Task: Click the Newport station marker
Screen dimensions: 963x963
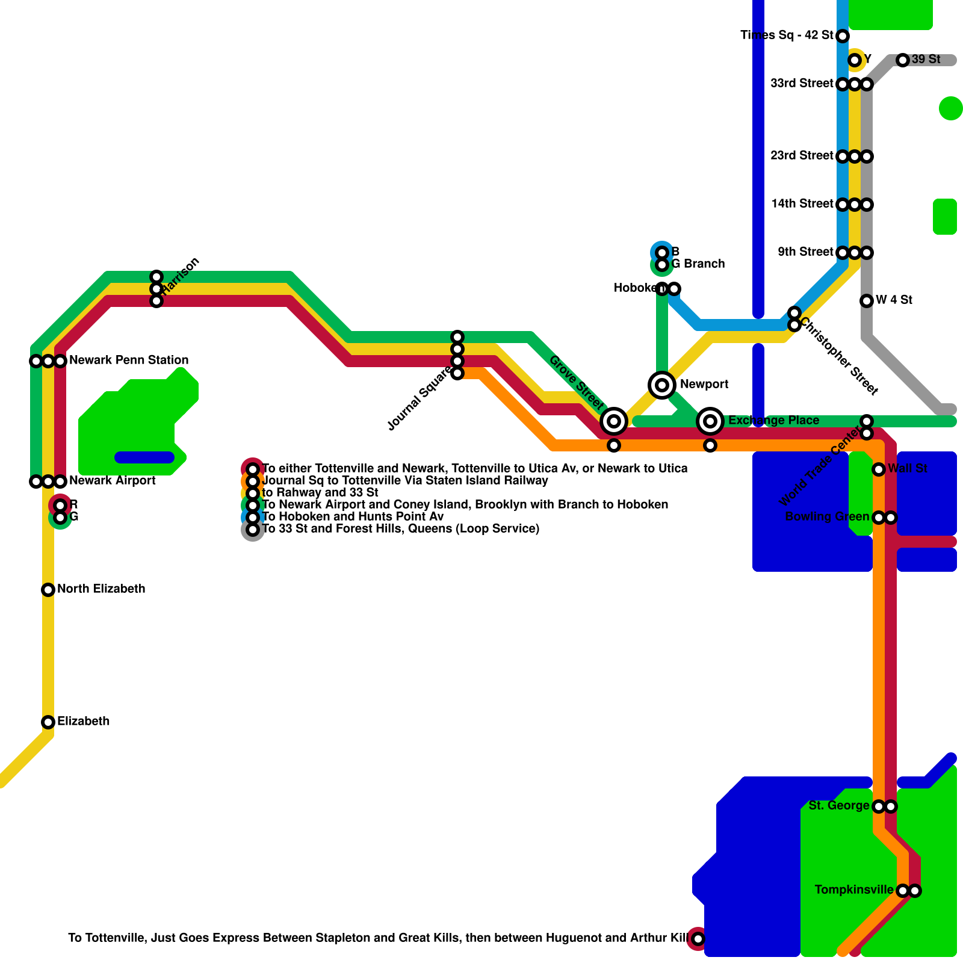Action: point(662,385)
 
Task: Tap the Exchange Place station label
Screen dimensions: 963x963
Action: point(773,421)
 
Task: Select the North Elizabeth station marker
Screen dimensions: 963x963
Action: point(48,590)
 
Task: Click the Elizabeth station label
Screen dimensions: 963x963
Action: point(83,721)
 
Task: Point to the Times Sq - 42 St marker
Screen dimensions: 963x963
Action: point(843,36)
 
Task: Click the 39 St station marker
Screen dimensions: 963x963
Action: point(902,60)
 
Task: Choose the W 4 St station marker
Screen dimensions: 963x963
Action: point(867,301)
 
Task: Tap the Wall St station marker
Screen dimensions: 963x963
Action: point(879,469)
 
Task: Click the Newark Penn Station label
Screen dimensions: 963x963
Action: point(129,360)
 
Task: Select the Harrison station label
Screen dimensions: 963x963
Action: point(181,275)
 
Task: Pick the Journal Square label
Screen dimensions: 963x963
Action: point(420,400)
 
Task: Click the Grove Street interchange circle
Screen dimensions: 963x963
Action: point(614,421)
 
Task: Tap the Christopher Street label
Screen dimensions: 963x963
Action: point(839,356)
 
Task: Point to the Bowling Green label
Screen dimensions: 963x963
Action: point(827,516)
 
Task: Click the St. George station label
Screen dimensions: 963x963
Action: point(838,805)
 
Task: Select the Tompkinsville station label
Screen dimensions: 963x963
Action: point(853,890)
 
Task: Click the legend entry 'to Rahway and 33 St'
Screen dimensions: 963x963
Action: point(320,492)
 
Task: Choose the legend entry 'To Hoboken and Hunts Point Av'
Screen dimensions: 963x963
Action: point(353,516)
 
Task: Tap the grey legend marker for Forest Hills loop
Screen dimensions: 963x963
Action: point(253,530)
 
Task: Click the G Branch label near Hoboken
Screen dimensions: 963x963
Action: point(698,264)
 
